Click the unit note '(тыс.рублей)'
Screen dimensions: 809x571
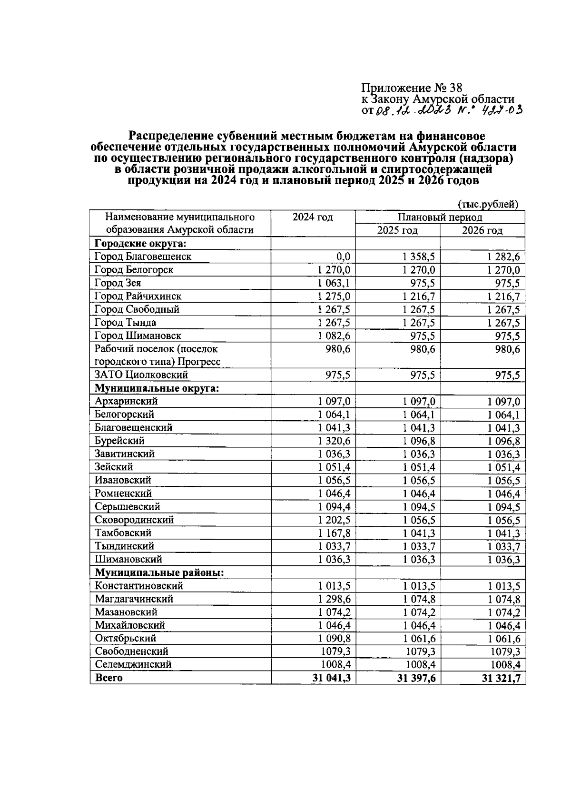pyautogui.click(x=488, y=205)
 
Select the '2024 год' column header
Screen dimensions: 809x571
pyautogui.click(x=313, y=217)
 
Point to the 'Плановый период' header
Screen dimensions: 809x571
pyautogui.click(x=440, y=217)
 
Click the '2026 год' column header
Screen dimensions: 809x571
pyautogui.click(x=482, y=231)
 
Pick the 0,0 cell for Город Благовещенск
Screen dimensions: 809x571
pyautogui.click(x=343, y=257)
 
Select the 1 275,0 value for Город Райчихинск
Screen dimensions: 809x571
pyautogui.click(x=334, y=296)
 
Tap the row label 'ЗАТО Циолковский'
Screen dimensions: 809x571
pyautogui.click(x=141, y=375)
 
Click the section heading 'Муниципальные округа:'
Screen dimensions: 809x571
pyautogui.click(x=157, y=388)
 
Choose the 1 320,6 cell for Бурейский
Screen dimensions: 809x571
pyautogui.click(x=334, y=441)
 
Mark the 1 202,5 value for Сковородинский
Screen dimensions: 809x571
pyautogui.click(x=334, y=520)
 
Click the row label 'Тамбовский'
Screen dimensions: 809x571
pyautogui.click(x=123, y=533)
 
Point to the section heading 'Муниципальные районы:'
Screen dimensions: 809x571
pyautogui.click(x=159, y=572)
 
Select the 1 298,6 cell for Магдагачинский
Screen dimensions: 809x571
pyautogui.click(x=334, y=599)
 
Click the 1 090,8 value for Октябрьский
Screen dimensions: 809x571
pyautogui.click(x=334, y=638)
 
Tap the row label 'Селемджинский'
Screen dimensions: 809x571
pyautogui.click(x=133, y=664)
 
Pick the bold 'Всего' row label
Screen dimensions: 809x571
pyautogui.click(x=109, y=678)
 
